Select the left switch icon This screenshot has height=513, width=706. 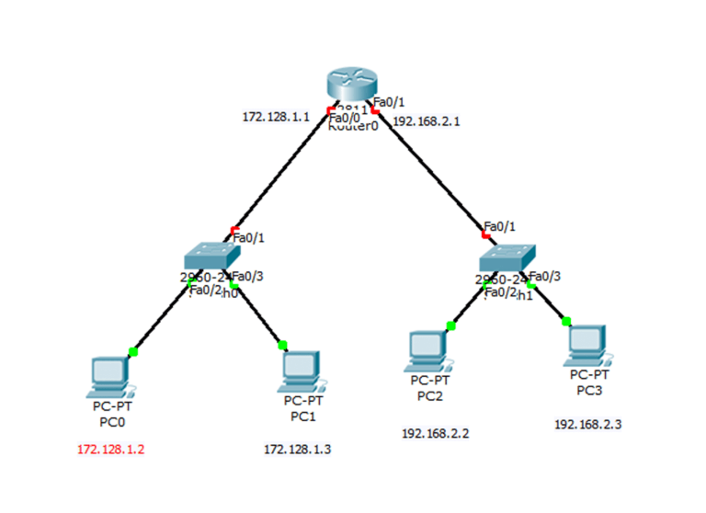coord(211,256)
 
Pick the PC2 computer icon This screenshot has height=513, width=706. coord(428,350)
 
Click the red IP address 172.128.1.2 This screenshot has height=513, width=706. coord(111,450)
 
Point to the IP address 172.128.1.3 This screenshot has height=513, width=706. coord(297,450)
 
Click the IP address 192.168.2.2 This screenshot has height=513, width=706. coord(435,432)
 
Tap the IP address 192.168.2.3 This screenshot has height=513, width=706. coord(587,424)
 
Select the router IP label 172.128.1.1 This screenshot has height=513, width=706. coord(276,117)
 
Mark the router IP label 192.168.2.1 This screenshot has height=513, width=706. coord(426,120)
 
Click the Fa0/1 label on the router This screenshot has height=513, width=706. coord(389,103)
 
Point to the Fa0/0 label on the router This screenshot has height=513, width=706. coord(344,118)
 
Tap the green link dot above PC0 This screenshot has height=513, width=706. coord(133,351)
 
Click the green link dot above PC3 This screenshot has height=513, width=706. coord(566,321)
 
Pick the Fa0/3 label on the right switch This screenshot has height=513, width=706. coord(545,275)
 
